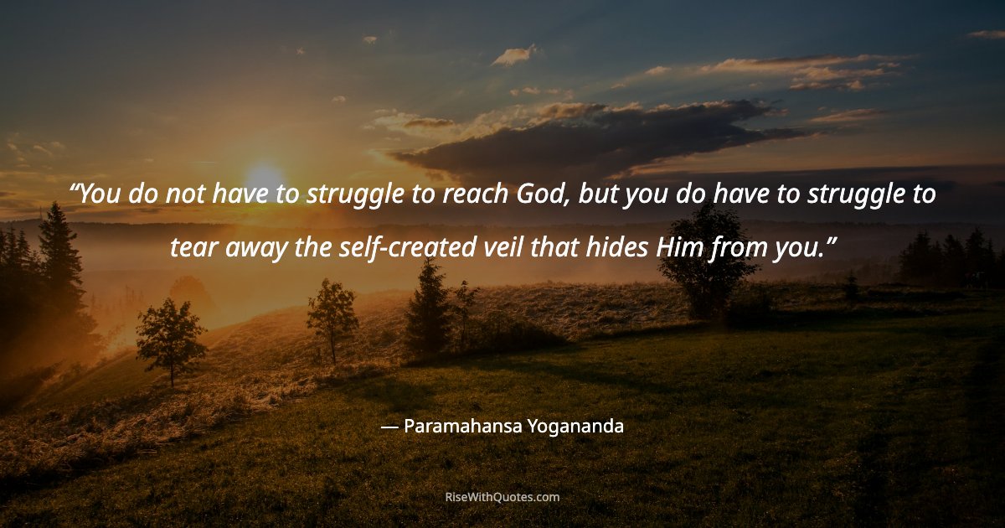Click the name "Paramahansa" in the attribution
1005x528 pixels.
(463, 427)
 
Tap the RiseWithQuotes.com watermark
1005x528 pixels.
(502, 497)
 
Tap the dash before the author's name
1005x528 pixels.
(389, 427)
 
